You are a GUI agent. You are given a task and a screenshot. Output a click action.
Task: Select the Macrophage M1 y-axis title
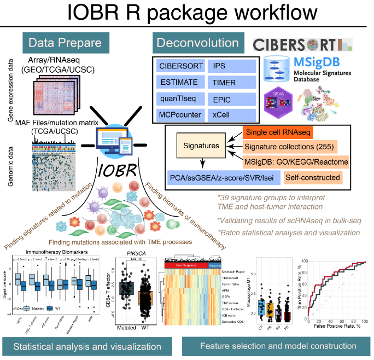tap(250, 295)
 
